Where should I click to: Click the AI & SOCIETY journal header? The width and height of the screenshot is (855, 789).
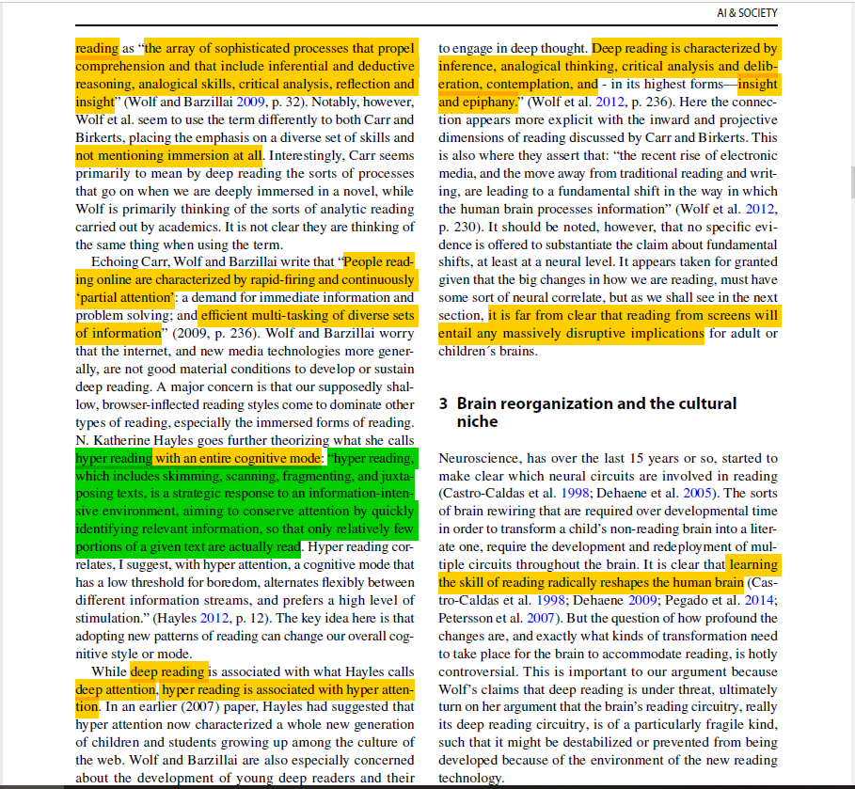pos(747,12)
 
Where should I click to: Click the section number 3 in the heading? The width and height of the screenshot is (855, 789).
pos(444,403)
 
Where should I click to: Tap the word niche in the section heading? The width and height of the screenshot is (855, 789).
pos(477,421)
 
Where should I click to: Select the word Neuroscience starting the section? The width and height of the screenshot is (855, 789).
pos(479,458)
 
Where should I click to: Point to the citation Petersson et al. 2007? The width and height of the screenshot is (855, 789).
pos(495,619)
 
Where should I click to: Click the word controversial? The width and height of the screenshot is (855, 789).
pos(476,671)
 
